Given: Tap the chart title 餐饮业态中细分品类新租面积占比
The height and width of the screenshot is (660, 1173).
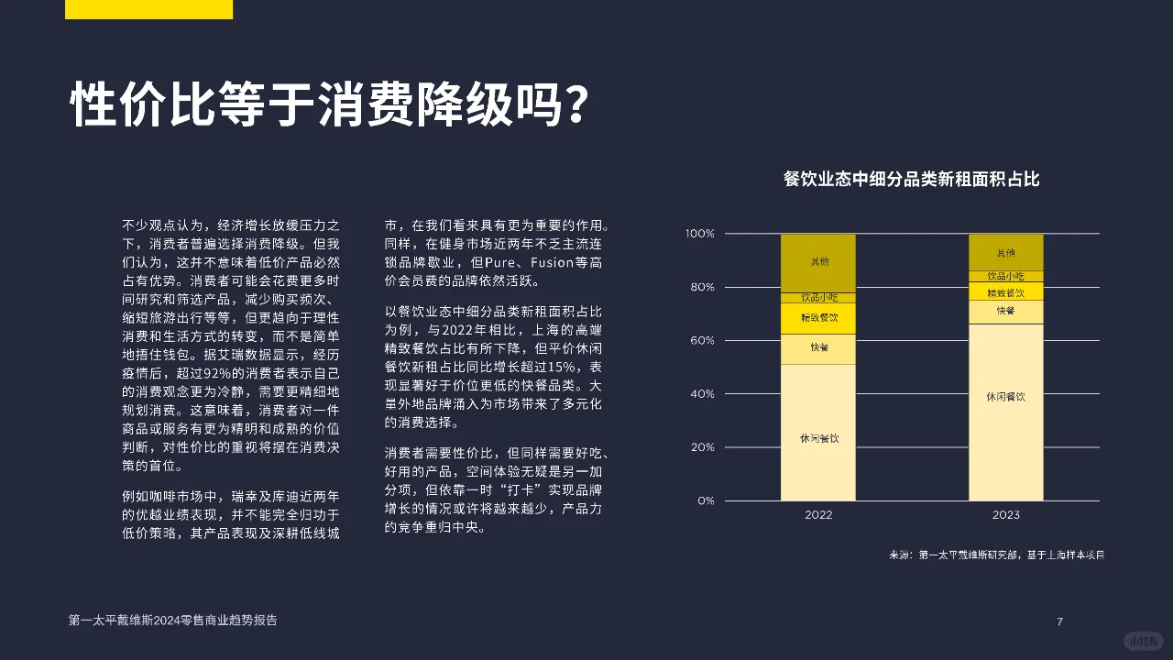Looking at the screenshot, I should (911, 179).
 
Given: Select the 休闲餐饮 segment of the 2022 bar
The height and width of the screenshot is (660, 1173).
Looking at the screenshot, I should (818, 432).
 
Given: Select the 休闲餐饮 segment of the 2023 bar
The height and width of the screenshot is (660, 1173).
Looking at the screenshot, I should (1005, 412).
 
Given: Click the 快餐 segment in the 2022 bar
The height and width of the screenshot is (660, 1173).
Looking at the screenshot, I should (818, 348).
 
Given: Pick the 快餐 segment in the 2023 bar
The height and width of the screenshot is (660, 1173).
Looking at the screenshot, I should (1005, 312).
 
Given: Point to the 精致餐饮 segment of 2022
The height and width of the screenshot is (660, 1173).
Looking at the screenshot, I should (818, 318).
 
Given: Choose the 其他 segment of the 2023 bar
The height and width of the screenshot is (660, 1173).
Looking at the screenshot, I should (1005, 252).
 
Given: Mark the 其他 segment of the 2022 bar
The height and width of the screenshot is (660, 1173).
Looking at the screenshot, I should (818, 262).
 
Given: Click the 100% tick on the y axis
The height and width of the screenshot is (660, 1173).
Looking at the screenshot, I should (699, 234).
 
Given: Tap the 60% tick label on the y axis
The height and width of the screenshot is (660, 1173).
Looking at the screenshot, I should (701, 341).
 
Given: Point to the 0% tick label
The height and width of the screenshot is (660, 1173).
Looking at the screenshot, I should (706, 501).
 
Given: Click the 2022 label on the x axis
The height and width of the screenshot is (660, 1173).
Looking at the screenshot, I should (818, 515).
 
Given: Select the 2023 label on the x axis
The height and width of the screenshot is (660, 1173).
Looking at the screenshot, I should (1005, 515).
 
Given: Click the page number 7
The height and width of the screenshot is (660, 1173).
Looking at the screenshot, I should (1059, 622).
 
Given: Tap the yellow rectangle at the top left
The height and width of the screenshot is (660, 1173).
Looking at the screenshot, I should (148, 9).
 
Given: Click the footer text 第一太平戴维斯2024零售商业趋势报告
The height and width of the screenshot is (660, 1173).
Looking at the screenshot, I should (172, 621).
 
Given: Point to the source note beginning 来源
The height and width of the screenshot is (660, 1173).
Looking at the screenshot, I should (996, 555).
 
